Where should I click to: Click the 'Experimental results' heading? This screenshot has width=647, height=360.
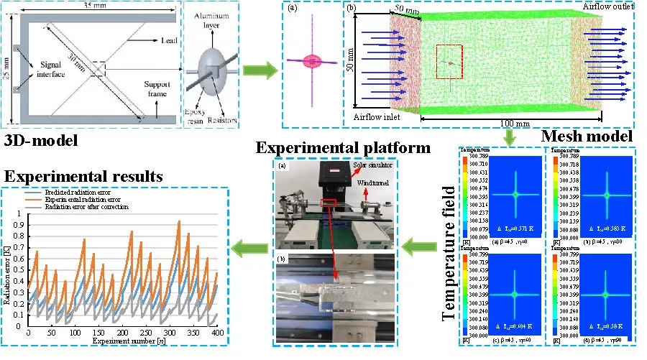pos(84,175)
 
